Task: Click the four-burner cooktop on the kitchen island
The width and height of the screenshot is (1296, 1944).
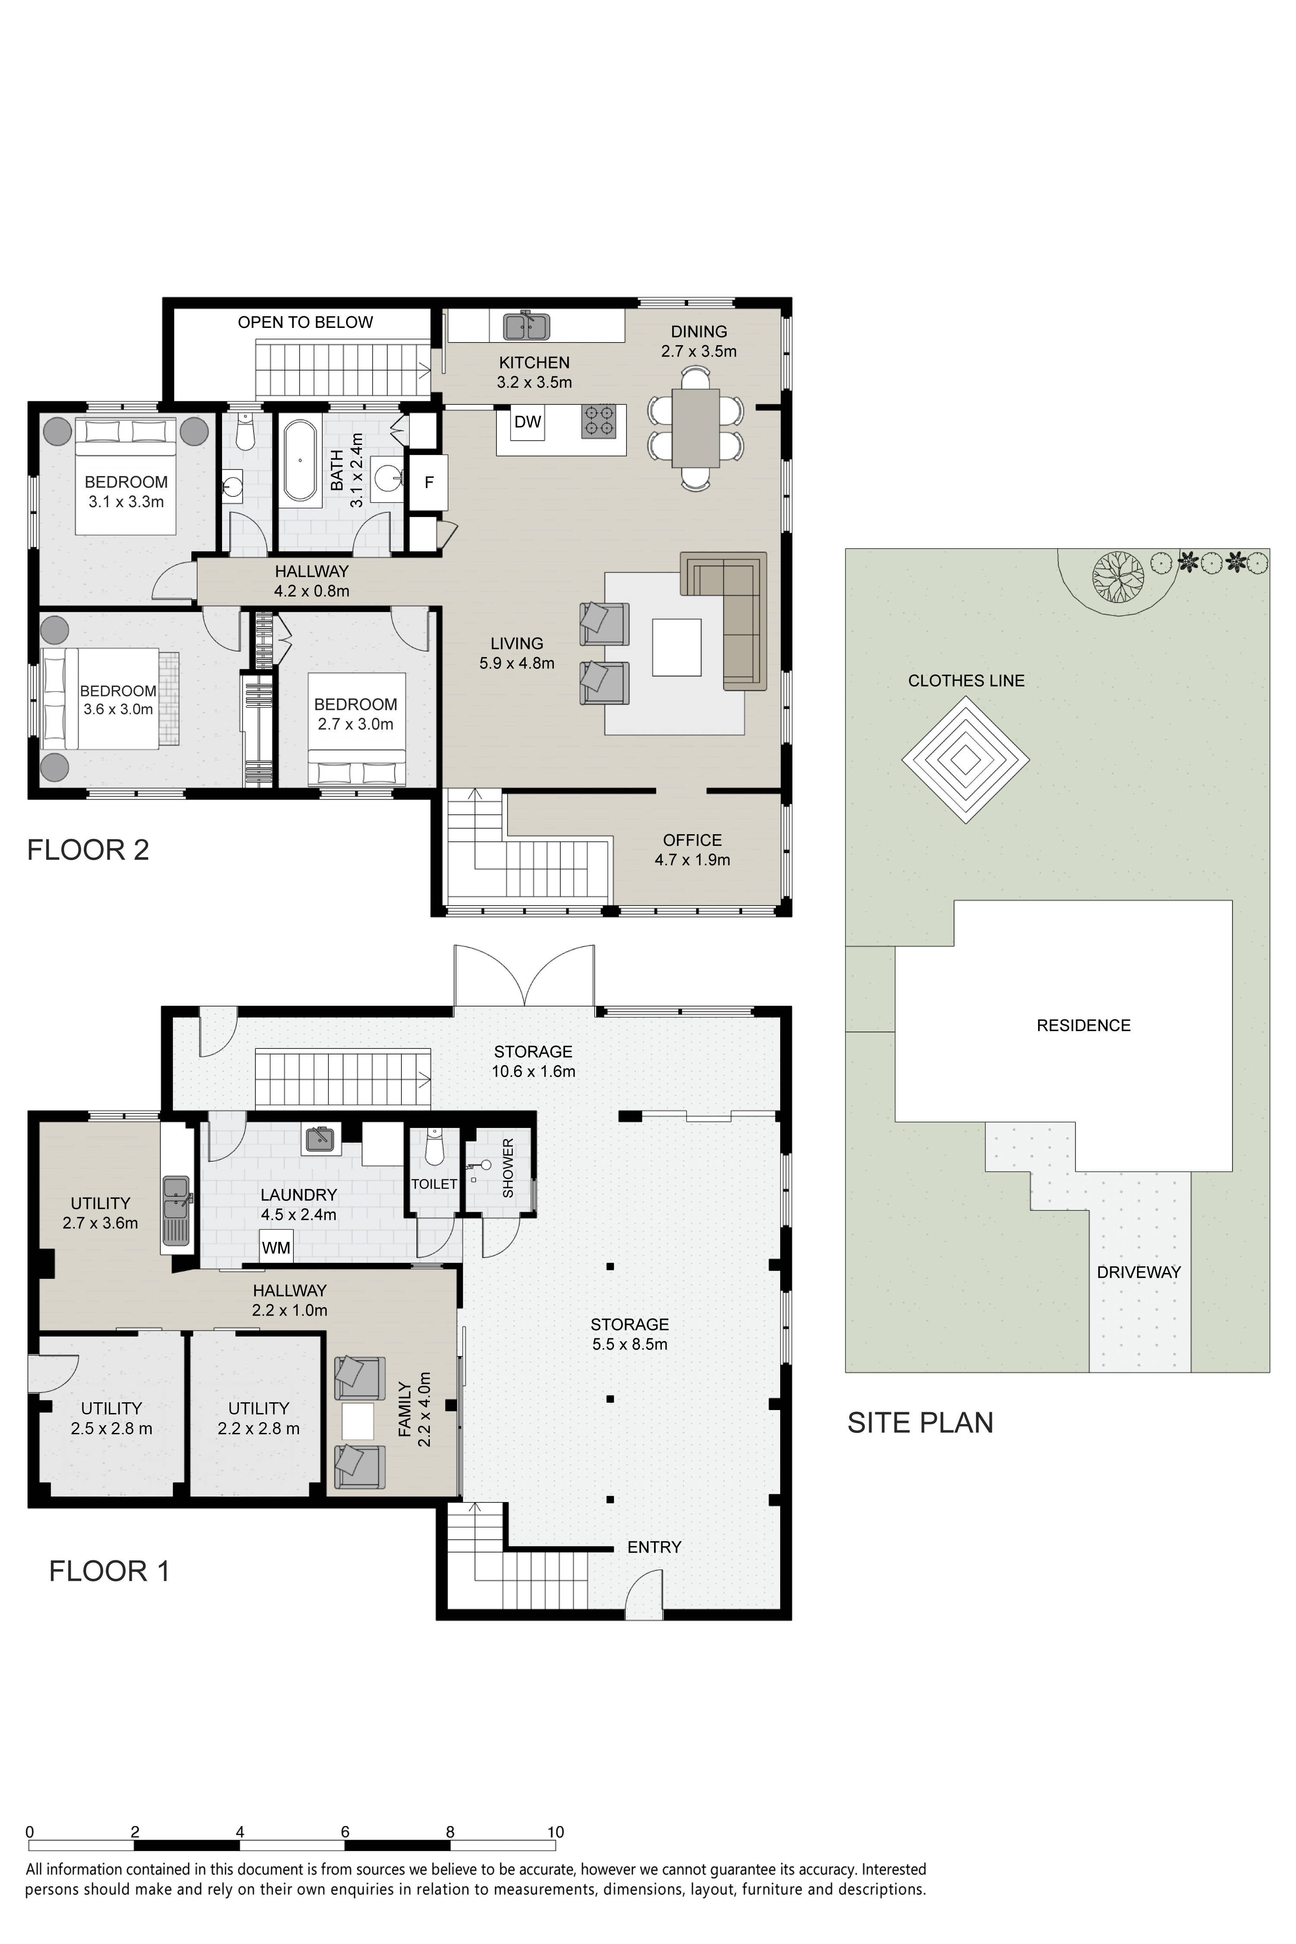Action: tap(598, 420)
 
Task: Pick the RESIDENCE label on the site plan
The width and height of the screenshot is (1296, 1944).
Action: tap(1083, 1025)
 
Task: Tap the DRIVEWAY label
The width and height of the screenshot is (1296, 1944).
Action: tap(1138, 1272)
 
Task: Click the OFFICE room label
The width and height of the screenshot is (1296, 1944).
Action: tap(692, 840)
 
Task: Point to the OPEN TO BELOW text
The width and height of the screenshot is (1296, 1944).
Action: tap(305, 322)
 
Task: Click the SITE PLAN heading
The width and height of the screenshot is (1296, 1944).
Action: tap(920, 1423)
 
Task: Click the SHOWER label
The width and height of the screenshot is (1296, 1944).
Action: tap(508, 1167)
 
